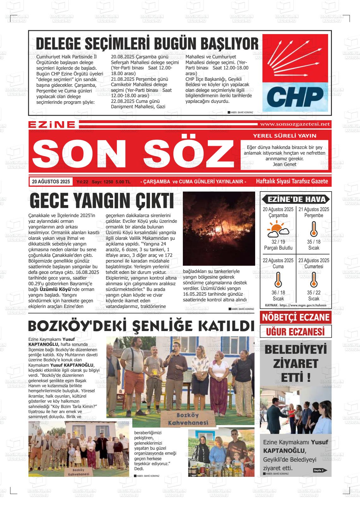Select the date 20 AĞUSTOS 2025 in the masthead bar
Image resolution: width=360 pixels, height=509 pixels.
click(x=51, y=182)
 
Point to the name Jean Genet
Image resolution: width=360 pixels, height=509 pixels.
click(x=284, y=164)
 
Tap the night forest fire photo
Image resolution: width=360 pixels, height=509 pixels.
click(x=219, y=228)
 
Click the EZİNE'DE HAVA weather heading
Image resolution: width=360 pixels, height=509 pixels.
click(x=296, y=199)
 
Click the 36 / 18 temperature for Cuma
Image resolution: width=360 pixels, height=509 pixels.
click(x=278, y=293)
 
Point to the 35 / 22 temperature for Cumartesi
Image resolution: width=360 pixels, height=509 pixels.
click(x=314, y=293)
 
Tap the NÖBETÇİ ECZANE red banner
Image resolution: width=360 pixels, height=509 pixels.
click(x=296, y=317)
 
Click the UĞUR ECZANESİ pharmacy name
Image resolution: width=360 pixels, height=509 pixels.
click(x=296, y=332)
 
